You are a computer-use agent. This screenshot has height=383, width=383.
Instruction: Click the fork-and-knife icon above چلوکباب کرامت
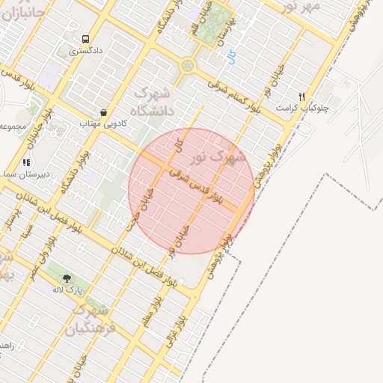coord(301,96)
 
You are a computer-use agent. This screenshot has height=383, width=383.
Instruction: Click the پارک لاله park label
coord(67,289)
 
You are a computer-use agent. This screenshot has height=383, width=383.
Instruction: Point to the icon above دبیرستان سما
coord(26,162)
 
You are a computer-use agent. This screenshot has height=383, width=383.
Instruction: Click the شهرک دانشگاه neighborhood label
coord(152,104)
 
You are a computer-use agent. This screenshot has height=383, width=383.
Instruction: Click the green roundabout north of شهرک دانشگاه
coord(186,65)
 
